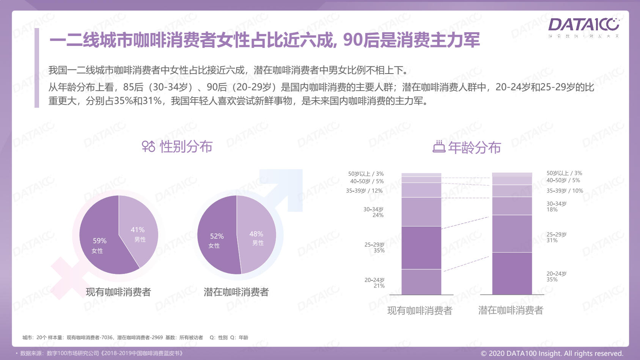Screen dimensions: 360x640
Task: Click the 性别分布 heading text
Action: [x=186, y=146]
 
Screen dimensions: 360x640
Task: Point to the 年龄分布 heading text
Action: [x=474, y=148]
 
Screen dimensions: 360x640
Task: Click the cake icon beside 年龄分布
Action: [x=439, y=147]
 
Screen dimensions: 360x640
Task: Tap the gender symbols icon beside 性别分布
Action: [x=148, y=146]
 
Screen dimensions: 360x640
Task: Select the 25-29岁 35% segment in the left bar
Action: [x=421, y=248]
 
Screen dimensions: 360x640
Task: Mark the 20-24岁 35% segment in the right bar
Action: [x=512, y=273]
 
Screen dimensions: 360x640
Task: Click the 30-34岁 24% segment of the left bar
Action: [x=421, y=212]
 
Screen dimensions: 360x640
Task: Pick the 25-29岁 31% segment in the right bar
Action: [x=512, y=234]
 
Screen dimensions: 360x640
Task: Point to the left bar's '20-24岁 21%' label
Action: [x=374, y=283]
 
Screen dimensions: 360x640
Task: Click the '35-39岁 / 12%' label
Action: [x=364, y=191]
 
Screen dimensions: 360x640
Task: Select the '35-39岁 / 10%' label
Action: [x=565, y=191]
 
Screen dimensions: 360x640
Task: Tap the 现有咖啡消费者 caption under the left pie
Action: [x=118, y=292]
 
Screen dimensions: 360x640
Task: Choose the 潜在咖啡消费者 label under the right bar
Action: [x=511, y=310]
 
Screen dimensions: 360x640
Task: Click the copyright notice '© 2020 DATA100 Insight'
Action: [x=552, y=354]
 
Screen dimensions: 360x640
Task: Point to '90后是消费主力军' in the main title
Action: [x=411, y=40]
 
